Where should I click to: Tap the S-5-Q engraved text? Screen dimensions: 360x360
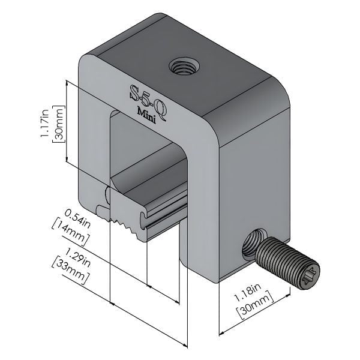[149, 100]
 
